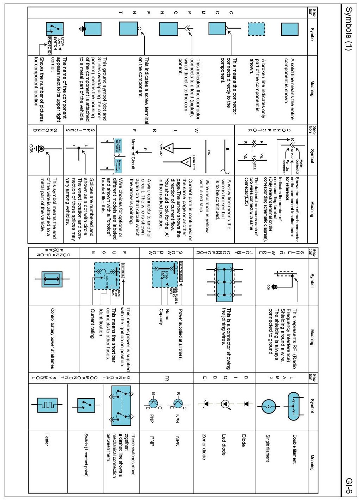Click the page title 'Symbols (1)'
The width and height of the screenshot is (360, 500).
[348, 28]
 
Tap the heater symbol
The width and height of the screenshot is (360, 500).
[47, 405]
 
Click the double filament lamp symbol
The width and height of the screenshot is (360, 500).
[293, 406]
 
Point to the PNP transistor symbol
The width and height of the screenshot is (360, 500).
[153, 403]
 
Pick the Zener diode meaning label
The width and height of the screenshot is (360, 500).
[204, 447]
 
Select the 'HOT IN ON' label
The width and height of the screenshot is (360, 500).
[123, 270]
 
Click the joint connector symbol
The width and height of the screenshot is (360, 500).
[224, 282]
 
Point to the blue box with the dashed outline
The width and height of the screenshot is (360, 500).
[256, 29]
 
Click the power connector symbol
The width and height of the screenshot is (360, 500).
[52, 279]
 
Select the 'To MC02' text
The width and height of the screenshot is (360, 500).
[161, 149]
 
